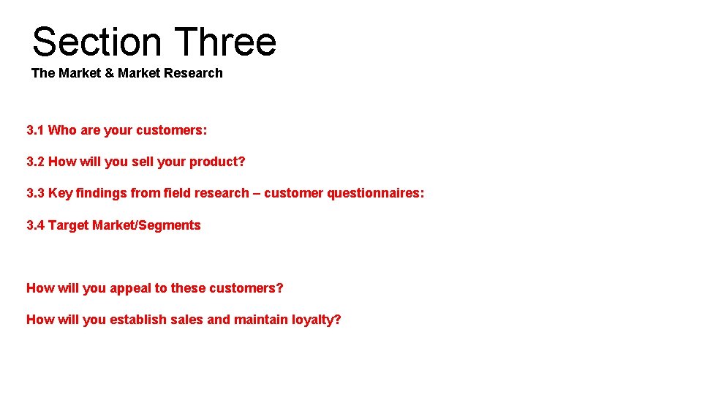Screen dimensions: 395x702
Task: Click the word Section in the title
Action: (x=97, y=42)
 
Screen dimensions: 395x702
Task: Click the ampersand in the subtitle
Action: (x=110, y=73)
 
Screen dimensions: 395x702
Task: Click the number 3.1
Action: (x=35, y=130)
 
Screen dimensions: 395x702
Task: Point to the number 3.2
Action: (x=35, y=162)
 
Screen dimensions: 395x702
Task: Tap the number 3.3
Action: (x=35, y=193)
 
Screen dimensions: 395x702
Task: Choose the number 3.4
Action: (x=35, y=225)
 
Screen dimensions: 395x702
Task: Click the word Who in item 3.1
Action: (x=62, y=130)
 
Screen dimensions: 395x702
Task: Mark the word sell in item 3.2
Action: (x=143, y=162)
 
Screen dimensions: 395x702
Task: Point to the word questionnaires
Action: (x=374, y=193)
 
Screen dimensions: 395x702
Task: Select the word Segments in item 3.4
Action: (x=169, y=225)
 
